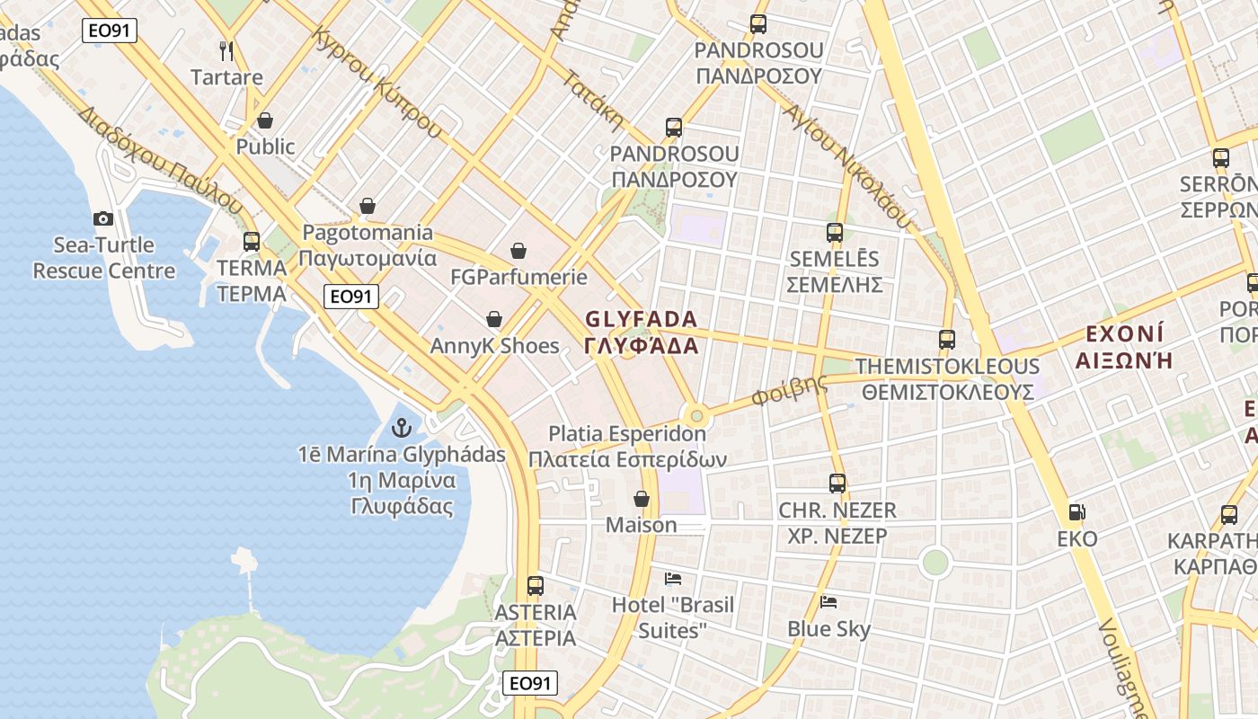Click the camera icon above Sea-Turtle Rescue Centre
point(103,218)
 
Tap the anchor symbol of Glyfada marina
point(402,428)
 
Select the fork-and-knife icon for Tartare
point(226,50)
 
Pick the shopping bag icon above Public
point(265,120)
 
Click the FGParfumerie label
point(518,277)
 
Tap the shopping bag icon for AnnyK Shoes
point(493,319)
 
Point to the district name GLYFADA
point(641,320)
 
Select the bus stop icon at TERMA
point(252,241)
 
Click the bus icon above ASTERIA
point(536,586)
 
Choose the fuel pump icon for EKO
point(1076,512)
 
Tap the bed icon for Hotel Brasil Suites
point(673,578)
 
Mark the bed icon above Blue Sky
point(828,601)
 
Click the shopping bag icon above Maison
point(642,498)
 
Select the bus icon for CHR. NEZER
point(837,484)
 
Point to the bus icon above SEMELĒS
point(835,233)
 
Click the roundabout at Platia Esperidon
point(695,415)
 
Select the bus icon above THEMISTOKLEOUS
point(947,340)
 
